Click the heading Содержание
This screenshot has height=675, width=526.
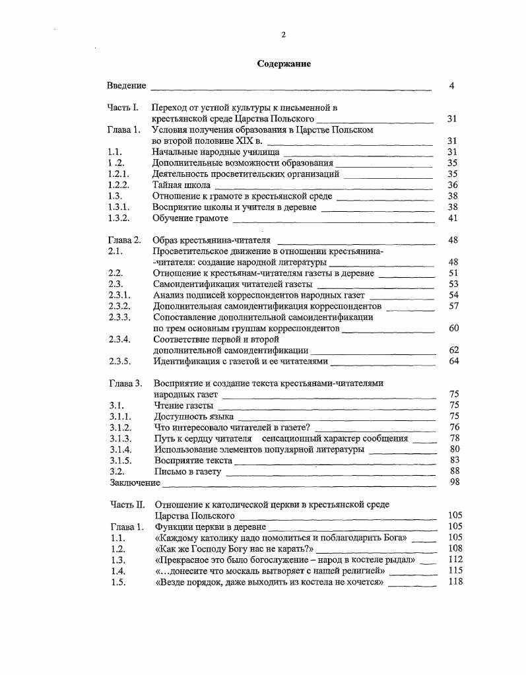coord(283,64)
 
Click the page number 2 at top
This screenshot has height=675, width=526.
coord(283,35)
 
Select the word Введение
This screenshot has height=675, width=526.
coord(127,86)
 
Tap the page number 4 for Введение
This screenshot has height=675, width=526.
coord(452,86)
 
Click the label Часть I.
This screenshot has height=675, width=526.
coord(123,108)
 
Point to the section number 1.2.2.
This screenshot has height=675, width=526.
coord(118,185)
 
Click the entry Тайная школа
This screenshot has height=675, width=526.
coord(181,185)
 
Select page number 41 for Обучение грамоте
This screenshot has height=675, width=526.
coord(452,218)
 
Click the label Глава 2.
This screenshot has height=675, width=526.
coord(124,240)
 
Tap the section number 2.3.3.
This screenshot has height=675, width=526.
coord(119,317)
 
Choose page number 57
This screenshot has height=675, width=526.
coord(453,306)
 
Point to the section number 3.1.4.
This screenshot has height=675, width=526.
coord(120,449)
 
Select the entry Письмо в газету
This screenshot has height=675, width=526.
coord(187,472)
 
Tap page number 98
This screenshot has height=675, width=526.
coord(453,483)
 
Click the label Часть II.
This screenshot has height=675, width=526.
coord(126,505)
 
